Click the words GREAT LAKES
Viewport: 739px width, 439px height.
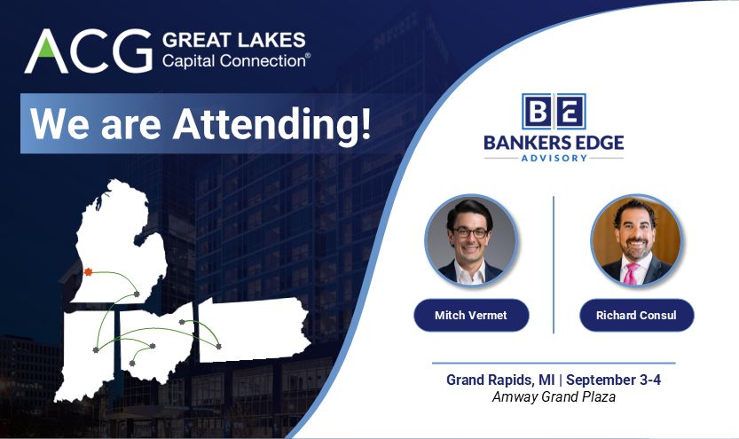234,40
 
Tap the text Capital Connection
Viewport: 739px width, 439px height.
236,61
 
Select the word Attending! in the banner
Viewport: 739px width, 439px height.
272,123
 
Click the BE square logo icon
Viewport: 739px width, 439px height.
554,111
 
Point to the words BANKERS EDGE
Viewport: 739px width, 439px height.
554,142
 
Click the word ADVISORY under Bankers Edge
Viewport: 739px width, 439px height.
554,158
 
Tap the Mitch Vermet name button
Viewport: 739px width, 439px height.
471,315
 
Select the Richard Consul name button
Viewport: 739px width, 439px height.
636,315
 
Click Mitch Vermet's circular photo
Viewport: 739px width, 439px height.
471,241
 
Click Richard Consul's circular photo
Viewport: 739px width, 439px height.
636,241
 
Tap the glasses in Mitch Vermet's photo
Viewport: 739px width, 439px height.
470,232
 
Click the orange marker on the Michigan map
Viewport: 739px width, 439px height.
88,271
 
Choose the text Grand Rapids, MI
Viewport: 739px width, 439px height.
500,380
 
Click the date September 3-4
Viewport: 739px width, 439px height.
614,380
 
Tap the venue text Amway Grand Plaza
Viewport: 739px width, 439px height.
554,397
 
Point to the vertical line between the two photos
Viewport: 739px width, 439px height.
554,264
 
